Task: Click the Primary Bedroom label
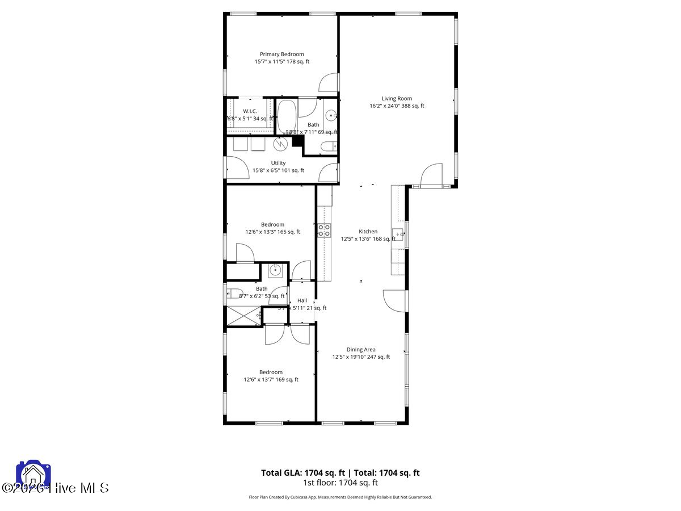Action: click(x=282, y=55)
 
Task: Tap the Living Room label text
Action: click(x=397, y=98)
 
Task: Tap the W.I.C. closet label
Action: click(x=250, y=111)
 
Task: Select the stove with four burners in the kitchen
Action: click(x=324, y=230)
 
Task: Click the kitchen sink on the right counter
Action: click(x=398, y=234)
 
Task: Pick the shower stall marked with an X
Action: click(x=243, y=315)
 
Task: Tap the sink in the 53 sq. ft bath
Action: click(x=275, y=270)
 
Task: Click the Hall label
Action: click(x=302, y=300)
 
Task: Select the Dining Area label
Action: click(x=361, y=350)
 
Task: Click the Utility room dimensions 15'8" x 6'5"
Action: click(x=278, y=170)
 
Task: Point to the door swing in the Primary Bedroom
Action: click(x=328, y=83)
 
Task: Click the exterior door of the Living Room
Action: click(x=432, y=175)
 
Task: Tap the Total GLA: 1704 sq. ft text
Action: click(x=303, y=472)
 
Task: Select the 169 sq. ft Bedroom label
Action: click(x=271, y=372)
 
